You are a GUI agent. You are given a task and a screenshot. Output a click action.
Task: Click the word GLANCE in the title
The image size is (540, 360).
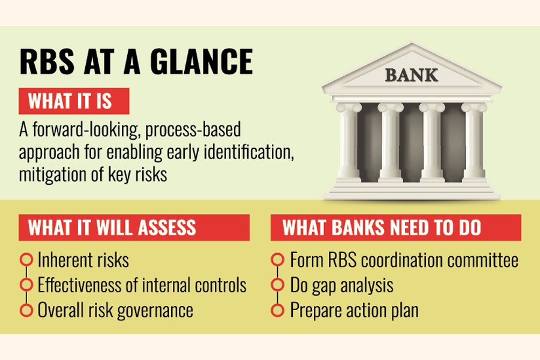point(202,62)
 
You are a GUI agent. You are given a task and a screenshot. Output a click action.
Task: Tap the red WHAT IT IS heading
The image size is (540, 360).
point(74,101)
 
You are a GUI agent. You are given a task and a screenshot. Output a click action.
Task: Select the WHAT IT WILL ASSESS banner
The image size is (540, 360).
point(134,228)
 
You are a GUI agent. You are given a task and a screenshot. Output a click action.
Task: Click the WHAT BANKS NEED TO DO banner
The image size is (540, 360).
point(396,228)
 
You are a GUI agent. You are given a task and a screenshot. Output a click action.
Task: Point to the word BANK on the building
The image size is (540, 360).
point(412,75)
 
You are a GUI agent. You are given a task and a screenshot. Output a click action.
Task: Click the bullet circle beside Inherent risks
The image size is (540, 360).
point(26,260)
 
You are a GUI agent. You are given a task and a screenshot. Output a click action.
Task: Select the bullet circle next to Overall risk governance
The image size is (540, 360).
point(26,310)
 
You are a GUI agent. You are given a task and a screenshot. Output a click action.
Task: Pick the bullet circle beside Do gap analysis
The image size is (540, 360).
point(278,285)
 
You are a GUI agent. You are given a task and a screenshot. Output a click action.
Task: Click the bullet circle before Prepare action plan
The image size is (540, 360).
point(278,310)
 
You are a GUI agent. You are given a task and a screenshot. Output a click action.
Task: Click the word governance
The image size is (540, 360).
point(155,311)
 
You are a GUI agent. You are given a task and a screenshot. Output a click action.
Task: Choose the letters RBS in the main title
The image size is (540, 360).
point(47,62)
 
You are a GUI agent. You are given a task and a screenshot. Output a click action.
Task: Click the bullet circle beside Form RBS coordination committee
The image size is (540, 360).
point(278,260)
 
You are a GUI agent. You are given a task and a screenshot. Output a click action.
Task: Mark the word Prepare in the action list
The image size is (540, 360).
point(316,311)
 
